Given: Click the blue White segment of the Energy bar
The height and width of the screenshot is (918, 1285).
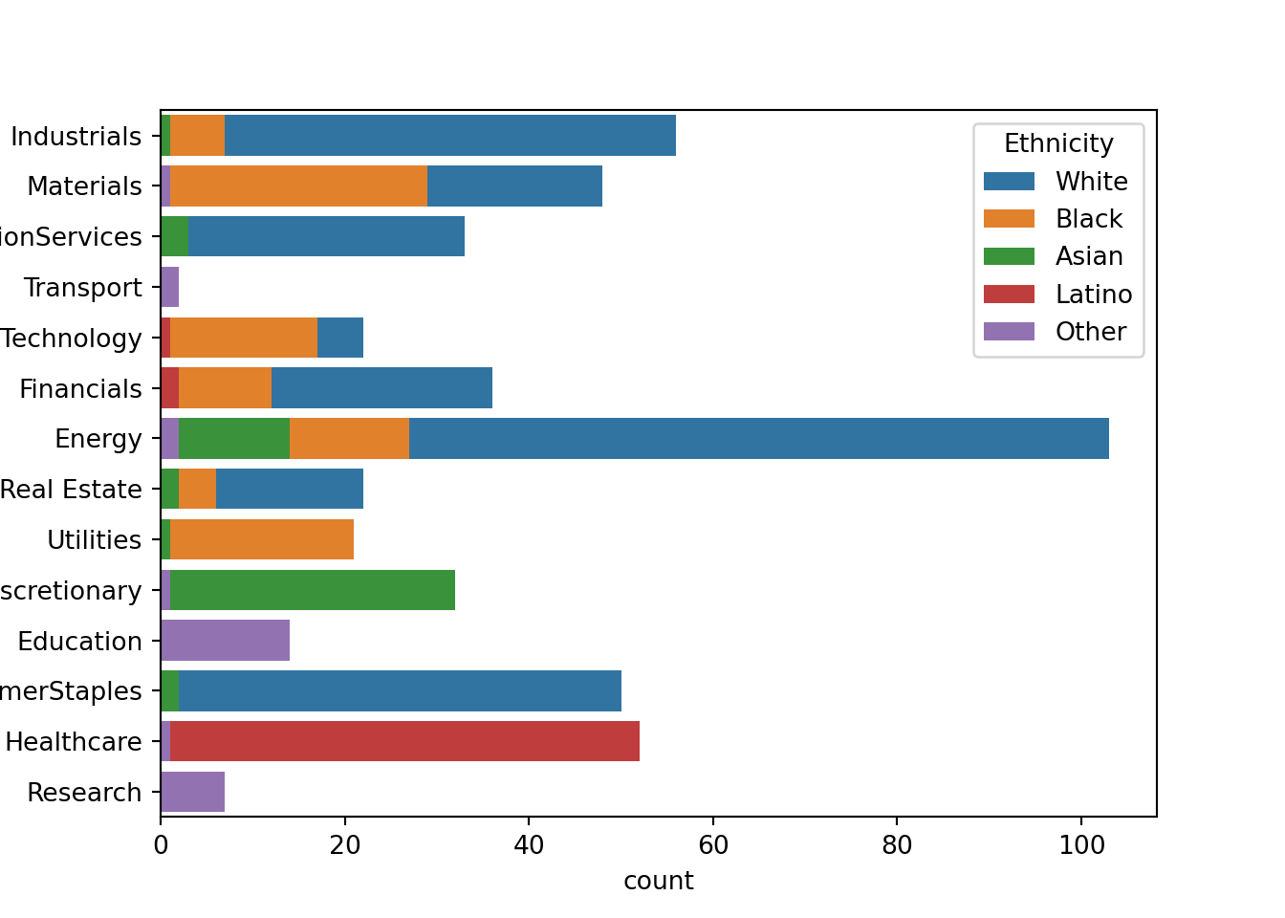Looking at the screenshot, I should click(x=758, y=439).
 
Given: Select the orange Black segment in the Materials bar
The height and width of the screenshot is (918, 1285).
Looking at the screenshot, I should click(x=298, y=186).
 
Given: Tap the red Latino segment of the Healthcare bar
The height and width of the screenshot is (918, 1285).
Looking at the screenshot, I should click(x=404, y=742).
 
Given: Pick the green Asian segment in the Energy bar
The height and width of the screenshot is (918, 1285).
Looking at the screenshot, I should click(x=234, y=439).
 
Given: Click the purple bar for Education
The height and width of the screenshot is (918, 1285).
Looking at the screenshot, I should click(x=225, y=641).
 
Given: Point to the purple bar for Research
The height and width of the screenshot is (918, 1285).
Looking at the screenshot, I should click(x=192, y=793).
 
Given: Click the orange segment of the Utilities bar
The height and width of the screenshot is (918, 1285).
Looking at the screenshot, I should click(x=262, y=540).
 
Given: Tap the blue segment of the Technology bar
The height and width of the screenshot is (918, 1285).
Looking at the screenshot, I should click(x=339, y=339).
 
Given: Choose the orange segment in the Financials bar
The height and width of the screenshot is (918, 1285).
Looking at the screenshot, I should click(x=225, y=389).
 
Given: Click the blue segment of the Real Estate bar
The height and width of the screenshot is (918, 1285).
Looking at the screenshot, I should click(x=289, y=490).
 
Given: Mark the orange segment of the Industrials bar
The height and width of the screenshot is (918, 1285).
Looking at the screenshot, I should click(x=197, y=136).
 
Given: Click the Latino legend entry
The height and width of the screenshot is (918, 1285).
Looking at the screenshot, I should click(x=1093, y=295).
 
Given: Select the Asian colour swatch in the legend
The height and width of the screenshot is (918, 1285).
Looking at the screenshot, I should click(x=1009, y=257).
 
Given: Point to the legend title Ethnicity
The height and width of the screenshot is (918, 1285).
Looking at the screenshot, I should click(x=1058, y=144).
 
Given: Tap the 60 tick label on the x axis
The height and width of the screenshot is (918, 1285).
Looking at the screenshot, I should click(x=712, y=846).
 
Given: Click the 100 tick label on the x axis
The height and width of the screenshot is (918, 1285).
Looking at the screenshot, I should click(x=1080, y=846).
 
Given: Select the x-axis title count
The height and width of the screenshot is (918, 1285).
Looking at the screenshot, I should click(x=658, y=881).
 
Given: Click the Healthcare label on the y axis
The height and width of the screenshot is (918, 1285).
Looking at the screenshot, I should click(x=74, y=742).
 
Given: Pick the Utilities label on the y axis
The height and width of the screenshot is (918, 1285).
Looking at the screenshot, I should click(x=94, y=540).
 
